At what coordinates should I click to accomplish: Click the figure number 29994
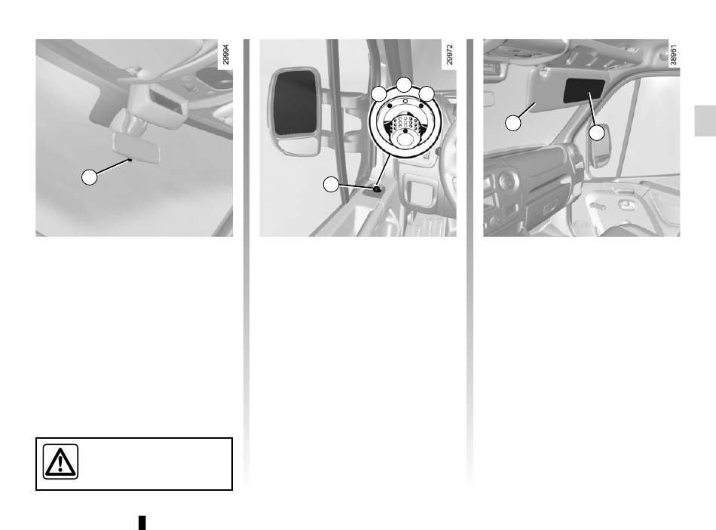click(225, 54)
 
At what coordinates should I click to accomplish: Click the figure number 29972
click(449, 54)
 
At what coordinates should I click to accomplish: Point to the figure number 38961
click(674, 54)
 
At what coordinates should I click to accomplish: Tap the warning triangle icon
click(61, 461)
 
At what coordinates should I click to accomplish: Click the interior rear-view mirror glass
click(137, 147)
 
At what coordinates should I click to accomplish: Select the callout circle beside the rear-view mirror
click(90, 177)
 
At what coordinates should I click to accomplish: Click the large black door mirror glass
click(295, 103)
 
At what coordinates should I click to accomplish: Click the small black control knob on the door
click(377, 188)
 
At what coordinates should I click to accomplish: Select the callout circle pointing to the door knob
click(331, 185)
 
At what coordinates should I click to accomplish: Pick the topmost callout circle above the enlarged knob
click(404, 85)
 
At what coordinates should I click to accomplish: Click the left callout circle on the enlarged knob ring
click(379, 93)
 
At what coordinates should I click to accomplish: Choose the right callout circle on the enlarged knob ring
click(427, 93)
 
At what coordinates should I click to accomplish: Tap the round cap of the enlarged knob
click(405, 138)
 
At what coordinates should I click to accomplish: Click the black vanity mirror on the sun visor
click(584, 90)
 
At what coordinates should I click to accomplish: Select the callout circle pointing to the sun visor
click(513, 123)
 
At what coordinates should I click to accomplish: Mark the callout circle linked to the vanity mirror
click(597, 133)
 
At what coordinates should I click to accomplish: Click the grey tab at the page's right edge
click(705, 121)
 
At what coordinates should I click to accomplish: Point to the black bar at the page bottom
click(142, 522)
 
